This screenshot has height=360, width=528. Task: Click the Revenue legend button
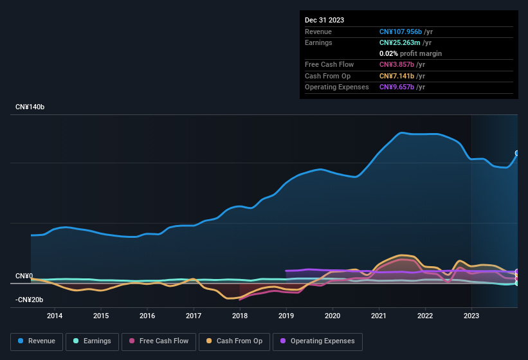tap(37, 341)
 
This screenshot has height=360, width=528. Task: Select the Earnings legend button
tap(91, 341)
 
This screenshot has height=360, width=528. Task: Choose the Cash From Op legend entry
tap(234, 341)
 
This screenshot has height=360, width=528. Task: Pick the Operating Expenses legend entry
tap(318, 341)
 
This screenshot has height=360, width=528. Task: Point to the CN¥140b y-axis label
tap(30, 107)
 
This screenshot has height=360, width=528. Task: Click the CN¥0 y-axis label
tap(24, 276)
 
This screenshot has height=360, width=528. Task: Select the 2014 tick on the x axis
tap(55, 316)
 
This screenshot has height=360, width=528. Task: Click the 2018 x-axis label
tap(240, 316)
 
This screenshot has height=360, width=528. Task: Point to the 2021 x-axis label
tap(379, 316)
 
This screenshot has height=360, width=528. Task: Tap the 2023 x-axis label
tap(471, 316)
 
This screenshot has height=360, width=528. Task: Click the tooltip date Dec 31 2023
tap(324, 20)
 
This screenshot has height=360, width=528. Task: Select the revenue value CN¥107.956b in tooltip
tap(401, 32)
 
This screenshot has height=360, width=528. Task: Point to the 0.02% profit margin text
tap(410, 53)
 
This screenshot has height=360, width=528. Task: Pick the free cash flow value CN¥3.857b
tap(397, 65)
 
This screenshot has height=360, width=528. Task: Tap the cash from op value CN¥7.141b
tap(397, 76)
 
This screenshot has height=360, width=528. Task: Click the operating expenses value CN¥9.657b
tap(397, 87)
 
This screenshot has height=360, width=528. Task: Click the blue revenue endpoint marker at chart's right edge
tap(516, 153)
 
